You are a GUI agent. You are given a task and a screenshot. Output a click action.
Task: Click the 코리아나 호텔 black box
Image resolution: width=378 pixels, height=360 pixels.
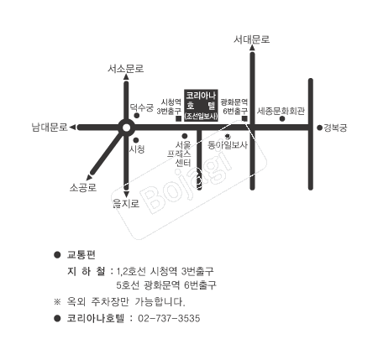(x=201, y=105)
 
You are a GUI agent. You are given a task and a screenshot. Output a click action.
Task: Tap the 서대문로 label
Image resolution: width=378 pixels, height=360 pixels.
(x=252, y=39)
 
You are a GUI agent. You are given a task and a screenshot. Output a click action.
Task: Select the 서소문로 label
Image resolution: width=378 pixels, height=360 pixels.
(x=126, y=69)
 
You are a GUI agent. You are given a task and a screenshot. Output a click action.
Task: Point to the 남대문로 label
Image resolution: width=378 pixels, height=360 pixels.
(x=50, y=128)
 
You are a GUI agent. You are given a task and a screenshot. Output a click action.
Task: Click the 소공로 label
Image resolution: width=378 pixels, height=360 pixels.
(x=83, y=187)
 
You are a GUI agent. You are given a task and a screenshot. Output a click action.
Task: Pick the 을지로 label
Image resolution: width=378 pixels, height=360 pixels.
(x=126, y=203)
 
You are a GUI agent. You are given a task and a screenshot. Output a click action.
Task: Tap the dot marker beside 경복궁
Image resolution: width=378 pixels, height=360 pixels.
(x=319, y=128)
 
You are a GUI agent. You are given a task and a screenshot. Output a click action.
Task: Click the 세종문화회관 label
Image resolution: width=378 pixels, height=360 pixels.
(x=281, y=111)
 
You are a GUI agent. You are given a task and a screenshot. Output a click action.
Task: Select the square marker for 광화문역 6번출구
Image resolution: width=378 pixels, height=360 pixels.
(x=244, y=118)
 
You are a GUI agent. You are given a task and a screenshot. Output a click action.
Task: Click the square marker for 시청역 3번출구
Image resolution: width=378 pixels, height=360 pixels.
(x=178, y=118)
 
